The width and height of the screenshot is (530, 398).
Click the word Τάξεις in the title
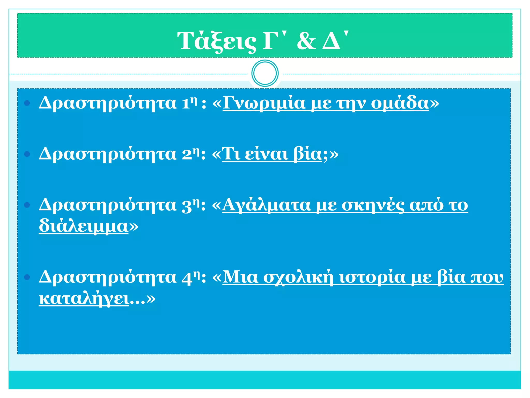tap(216, 41)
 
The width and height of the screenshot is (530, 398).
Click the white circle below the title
tap(265, 73)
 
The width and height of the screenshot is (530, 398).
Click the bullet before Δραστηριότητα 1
tap(27, 103)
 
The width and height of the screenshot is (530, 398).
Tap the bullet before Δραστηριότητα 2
tap(27, 154)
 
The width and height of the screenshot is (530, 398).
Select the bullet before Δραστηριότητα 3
tap(27, 205)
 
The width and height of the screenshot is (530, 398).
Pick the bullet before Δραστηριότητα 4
tap(27, 278)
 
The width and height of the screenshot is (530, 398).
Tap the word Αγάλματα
tap(267, 205)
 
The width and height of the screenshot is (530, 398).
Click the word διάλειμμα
tap(84, 226)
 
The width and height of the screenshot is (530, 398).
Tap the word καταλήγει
tap(84, 299)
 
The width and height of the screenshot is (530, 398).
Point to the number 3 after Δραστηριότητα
tap(187, 206)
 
